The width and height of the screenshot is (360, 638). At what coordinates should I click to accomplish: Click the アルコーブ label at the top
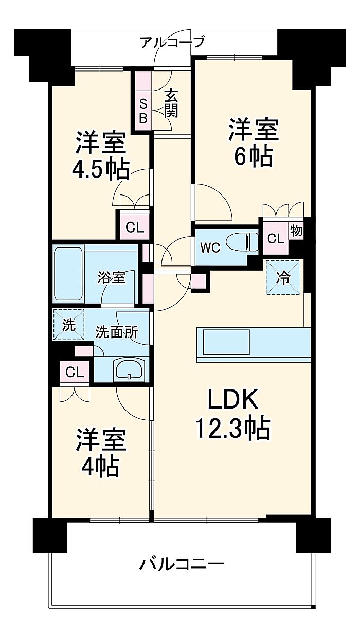pos(172,42)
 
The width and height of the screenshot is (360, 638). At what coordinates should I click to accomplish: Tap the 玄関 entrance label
pos(171,103)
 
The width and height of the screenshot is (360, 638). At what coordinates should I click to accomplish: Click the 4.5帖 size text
pos(100,169)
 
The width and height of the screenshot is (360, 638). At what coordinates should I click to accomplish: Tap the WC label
pos(210,247)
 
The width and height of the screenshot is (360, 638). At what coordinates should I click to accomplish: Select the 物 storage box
pos(296,231)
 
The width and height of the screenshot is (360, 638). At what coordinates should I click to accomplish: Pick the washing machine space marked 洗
pos(68,325)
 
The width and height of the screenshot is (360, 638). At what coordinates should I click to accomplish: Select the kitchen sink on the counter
pos(226,342)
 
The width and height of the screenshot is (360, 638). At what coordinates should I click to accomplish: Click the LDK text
pos(232,399)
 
